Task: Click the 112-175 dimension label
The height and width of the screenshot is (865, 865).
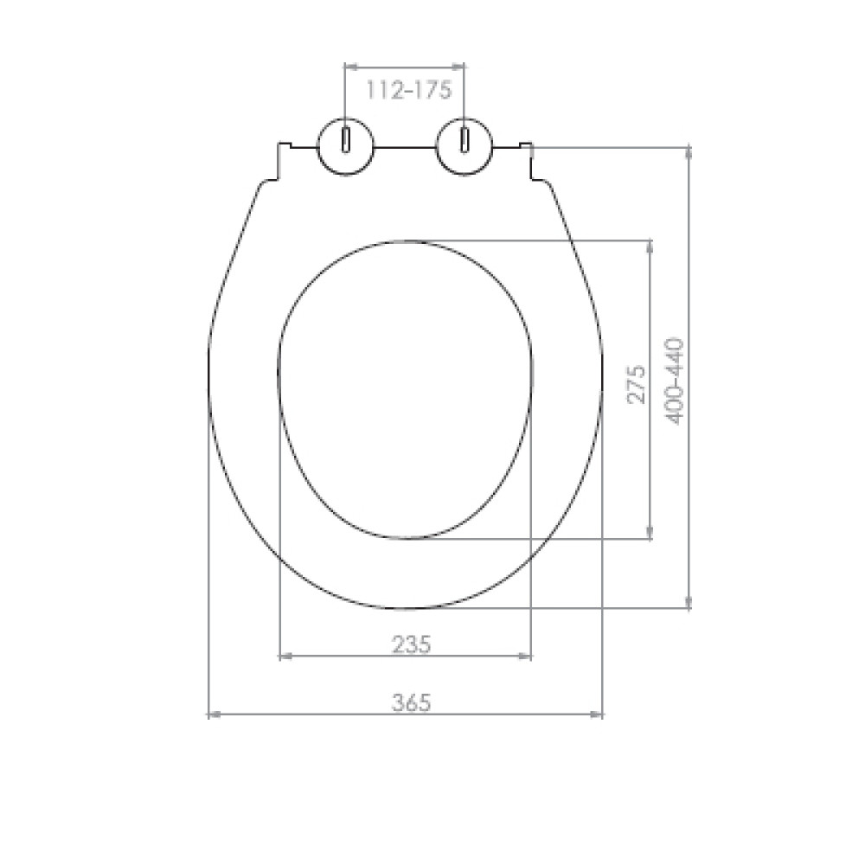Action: (x=409, y=90)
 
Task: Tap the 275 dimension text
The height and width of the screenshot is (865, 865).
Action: (x=637, y=384)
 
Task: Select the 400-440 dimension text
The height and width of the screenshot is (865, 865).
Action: (x=676, y=381)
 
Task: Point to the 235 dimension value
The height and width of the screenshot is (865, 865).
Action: (x=411, y=644)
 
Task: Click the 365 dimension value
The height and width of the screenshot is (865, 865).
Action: (x=411, y=702)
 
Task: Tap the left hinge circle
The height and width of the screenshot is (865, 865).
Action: (x=345, y=147)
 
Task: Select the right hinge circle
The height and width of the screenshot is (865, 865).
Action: (x=465, y=147)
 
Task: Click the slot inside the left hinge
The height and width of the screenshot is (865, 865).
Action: (x=345, y=139)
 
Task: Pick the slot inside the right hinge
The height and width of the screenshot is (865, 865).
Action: (x=465, y=139)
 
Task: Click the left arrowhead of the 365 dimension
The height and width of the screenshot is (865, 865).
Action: (x=214, y=714)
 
